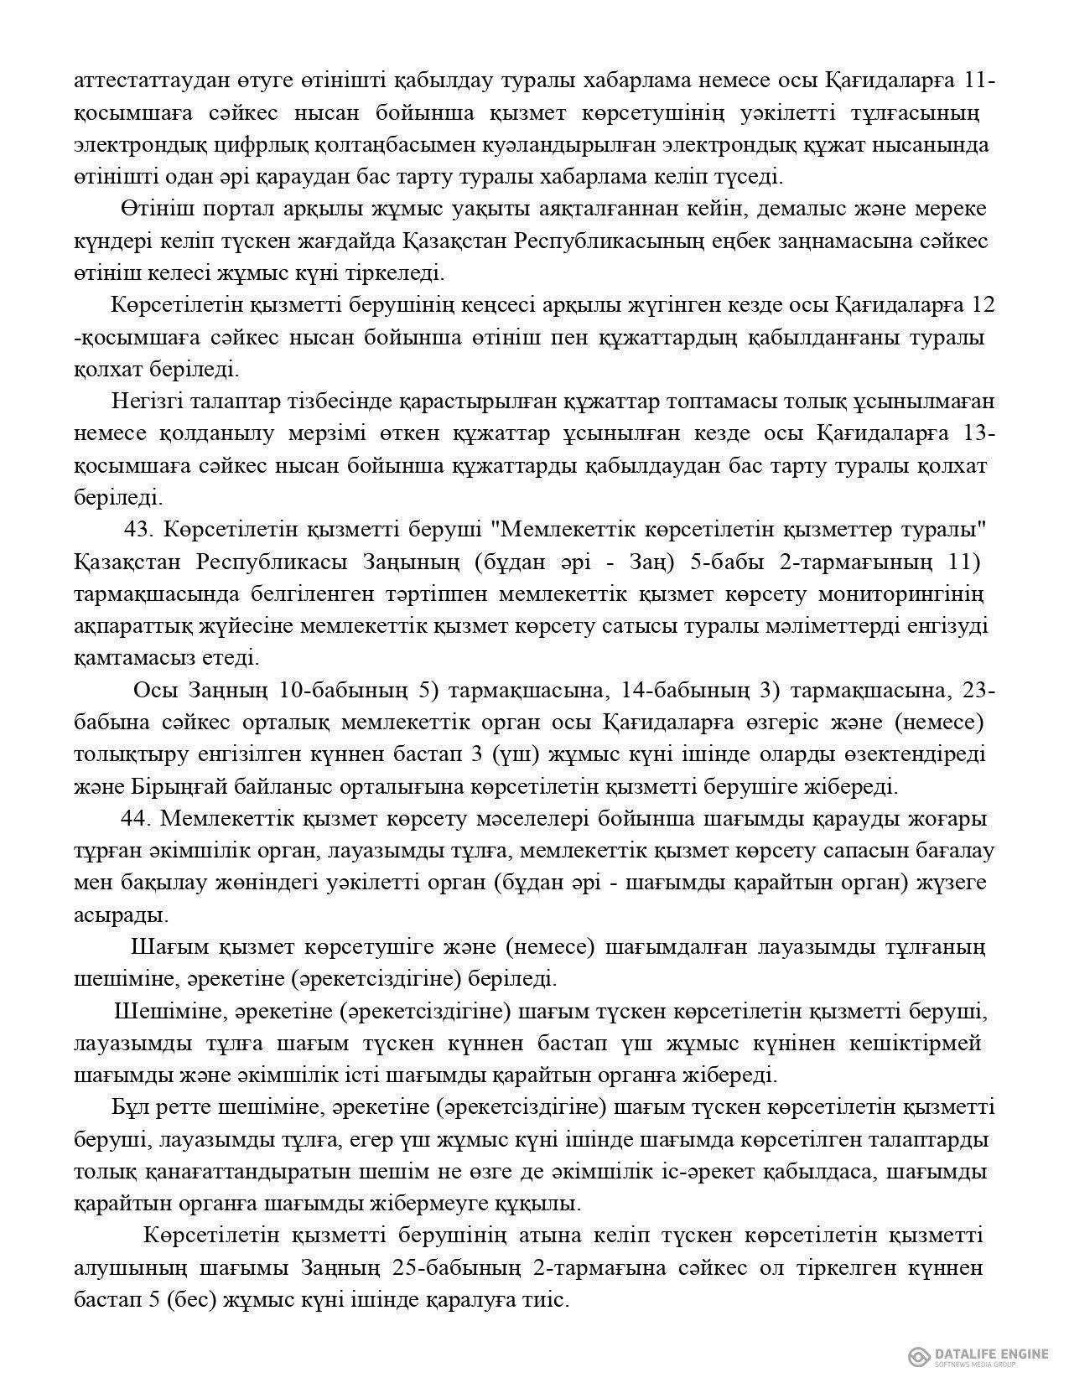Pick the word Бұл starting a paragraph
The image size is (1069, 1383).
tap(128, 1107)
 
